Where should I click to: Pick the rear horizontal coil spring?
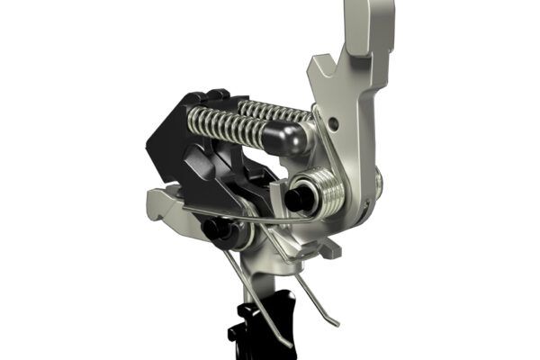point(274,110)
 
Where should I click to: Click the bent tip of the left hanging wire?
point(287,343)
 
